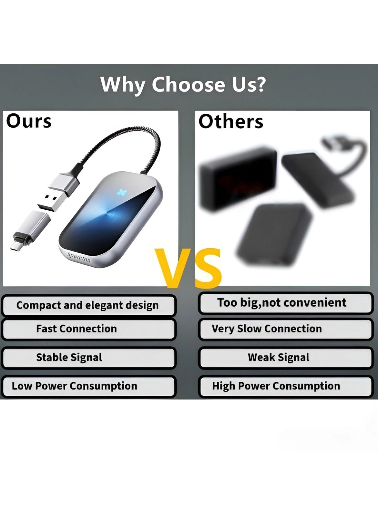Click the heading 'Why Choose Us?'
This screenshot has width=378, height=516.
[x=183, y=85]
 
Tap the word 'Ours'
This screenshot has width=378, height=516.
[x=29, y=121]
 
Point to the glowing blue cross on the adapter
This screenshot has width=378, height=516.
[x=122, y=193]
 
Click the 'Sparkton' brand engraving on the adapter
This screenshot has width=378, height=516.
[x=79, y=257]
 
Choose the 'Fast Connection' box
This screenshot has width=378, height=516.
[x=89, y=329]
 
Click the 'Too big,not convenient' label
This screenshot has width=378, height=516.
[x=285, y=303]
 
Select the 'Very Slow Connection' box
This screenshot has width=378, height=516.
[x=285, y=329]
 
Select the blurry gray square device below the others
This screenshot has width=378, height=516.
[x=274, y=235]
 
